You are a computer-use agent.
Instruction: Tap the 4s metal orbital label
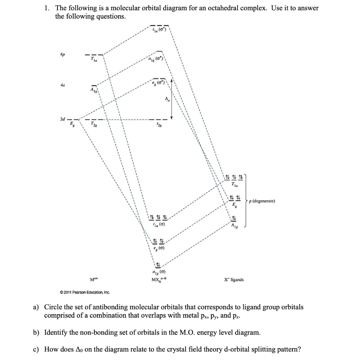point(62,85)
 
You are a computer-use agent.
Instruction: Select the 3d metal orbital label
point(62,119)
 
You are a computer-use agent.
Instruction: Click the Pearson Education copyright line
point(85,292)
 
